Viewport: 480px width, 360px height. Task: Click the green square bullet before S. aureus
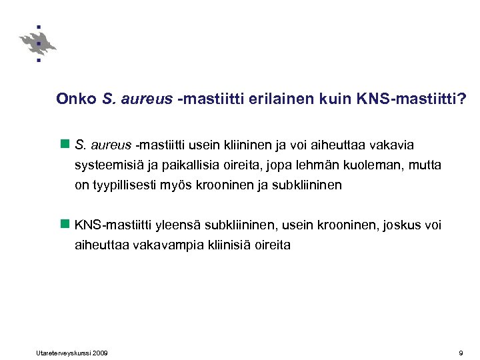(65, 144)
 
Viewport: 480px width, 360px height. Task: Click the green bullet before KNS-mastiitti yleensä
(65, 225)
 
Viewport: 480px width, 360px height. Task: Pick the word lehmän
(327, 165)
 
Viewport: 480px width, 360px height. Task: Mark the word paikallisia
(193, 165)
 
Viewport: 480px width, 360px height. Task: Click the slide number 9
(461, 352)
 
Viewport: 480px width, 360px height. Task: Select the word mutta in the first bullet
(425, 165)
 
